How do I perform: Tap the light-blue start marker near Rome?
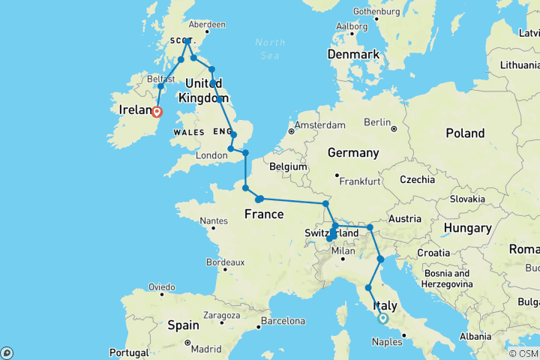[x=383, y=318]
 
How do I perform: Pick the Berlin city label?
[x=379, y=121]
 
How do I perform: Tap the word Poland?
[x=465, y=133]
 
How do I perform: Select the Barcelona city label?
[x=284, y=321]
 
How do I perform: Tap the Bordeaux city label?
[x=225, y=262]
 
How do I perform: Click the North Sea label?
[x=270, y=48]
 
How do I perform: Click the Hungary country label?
[x=466, y=228]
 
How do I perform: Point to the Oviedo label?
[x=161, y=286]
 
